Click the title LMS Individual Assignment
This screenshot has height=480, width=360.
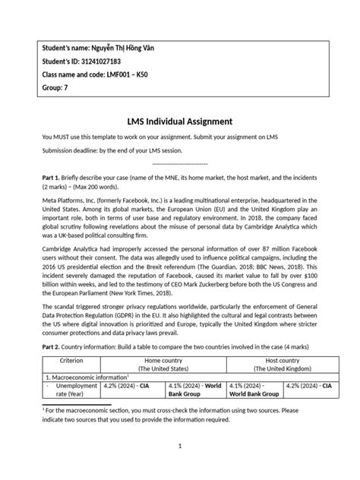[x=179, y=122]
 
